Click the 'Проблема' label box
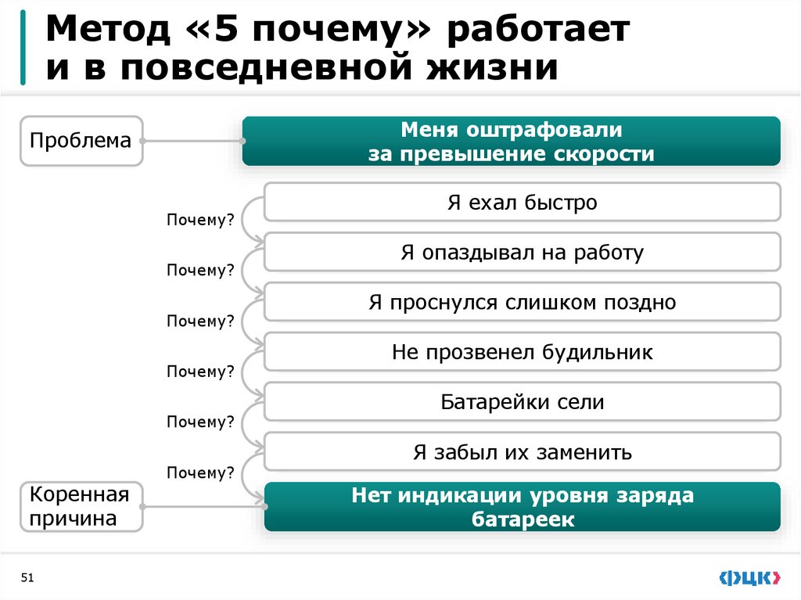pos(81,142)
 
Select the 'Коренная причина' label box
pos(81,506)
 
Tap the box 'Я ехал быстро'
pos(522,203)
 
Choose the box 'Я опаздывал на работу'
pos(522,253)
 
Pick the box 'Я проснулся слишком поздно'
pos(522,303)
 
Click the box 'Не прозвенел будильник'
pos(522,353)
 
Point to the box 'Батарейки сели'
pos(522,403)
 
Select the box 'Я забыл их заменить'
pos(522,452)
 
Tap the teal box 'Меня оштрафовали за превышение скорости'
pos(511,141)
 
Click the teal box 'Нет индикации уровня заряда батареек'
pos(522,507)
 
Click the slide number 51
pos(27,578)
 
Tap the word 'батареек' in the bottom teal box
pos(522,519)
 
